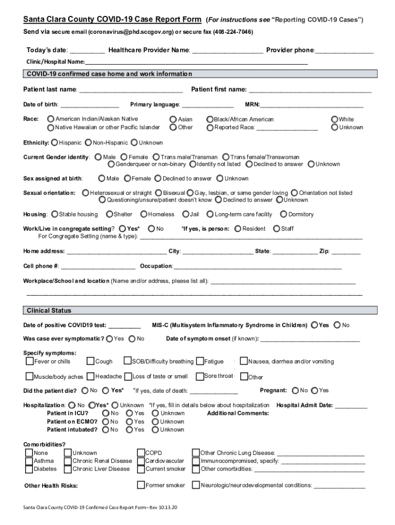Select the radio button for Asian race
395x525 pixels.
coord(173,119)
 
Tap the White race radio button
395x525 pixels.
coord(335,119)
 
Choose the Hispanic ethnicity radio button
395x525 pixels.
coord(54,143)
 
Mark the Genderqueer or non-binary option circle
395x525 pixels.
coord(111,165)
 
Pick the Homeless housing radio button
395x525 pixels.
coord(144,214)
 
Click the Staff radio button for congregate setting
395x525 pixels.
coord(277,229)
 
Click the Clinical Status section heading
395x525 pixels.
coord(49,311)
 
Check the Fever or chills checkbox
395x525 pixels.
coord(30,361)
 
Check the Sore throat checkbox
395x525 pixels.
coord(200,376)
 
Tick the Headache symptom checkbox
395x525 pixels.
coord(91,377)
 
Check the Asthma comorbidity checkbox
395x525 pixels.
coord(29,461)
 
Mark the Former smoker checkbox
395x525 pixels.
coord(141,485)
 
